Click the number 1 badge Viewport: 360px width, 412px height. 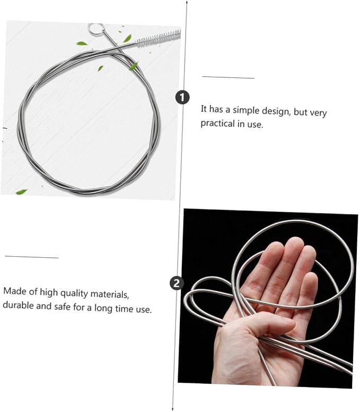(182, 97)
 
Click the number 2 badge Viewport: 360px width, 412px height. (177, 283)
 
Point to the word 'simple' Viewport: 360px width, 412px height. (246, 110)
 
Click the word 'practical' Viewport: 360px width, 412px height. (217, 123)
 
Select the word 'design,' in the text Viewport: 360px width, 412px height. (276, 111)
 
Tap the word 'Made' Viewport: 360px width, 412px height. (14, 291)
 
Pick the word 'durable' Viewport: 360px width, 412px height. (18, 305)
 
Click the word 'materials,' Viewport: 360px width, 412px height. (110, 294)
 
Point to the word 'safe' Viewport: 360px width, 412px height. (62, 307)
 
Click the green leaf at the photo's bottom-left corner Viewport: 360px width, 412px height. (22, 192)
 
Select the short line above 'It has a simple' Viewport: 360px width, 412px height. (228, 77)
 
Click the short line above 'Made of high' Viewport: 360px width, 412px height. (32, 257)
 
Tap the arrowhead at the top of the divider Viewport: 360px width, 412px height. (187, 2)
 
